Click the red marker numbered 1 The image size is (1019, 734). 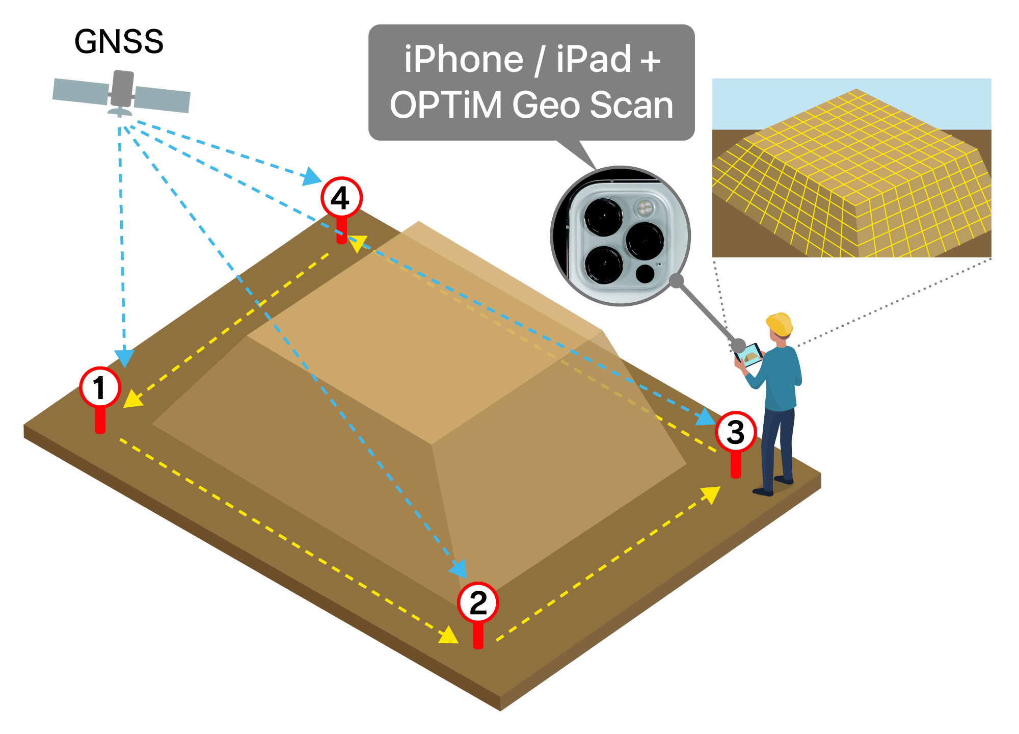(x=100, y=387)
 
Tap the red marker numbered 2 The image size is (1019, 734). (x=477, y=603)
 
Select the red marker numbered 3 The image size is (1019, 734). (x=735, y=432)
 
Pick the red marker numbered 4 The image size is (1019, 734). (x=341, y=198)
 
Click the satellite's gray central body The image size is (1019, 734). (x=122, y=90)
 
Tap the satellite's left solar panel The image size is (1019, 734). (x=81, y=91)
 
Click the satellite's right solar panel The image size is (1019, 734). (x=162, y=99)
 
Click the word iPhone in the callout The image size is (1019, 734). (x=464, y=60)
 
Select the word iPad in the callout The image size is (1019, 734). (x=594, y=60)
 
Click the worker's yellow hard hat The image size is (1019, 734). (x=779, y=323)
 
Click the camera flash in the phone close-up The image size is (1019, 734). (x=645, y=207)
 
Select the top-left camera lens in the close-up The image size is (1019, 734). (x=603, y=217)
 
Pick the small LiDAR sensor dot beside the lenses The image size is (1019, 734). (x=645, y=274)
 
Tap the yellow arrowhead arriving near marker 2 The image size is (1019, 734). (x=449, y=636)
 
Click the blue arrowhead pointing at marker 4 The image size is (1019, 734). (x=311, y=176)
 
